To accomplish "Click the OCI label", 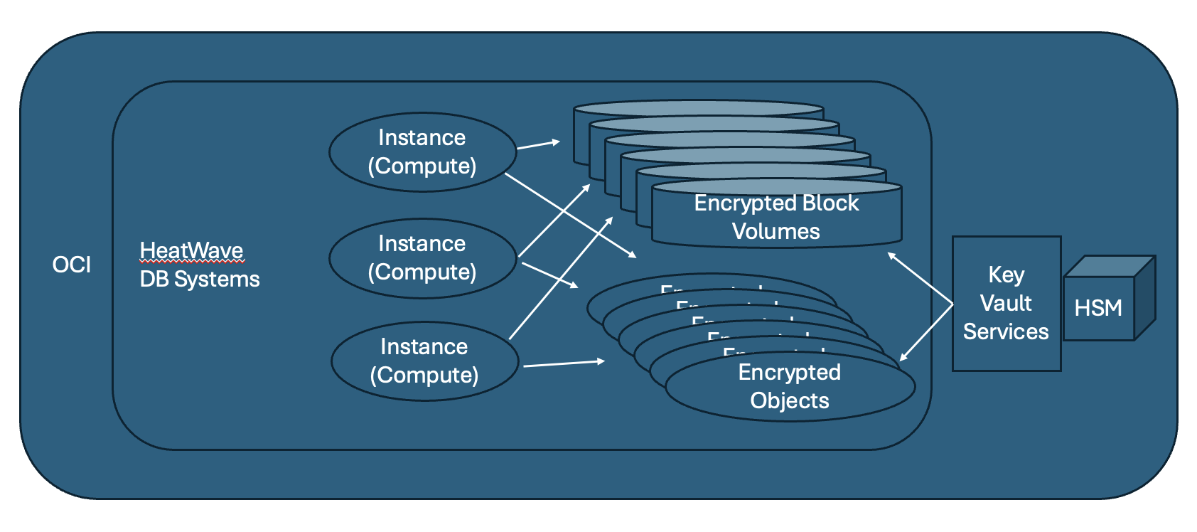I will (x=72, y=265).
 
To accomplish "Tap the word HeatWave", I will (x=191, y=250).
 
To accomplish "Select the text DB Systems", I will (x=200, y=279).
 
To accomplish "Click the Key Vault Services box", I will (x=1006, y=304).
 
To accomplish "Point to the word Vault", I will (x=1006, y=303).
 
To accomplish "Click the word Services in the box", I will (x=1006, y=331).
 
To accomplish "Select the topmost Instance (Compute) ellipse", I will (x=422, y=151).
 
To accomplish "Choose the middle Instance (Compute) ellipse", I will (x=422, y=257).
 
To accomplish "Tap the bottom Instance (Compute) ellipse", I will (x=424, y=361).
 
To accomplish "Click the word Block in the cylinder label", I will (x=830, y=203).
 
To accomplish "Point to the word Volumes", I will (x=775, y=231).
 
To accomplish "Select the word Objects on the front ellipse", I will (x=790, y=400).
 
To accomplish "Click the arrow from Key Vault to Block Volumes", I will (x=920, y=278).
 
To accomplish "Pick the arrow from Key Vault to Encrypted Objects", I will (x=926, y=332).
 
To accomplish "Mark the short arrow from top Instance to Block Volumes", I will (x=538, y=144).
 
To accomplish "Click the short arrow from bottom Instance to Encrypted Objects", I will (x=564, y=363).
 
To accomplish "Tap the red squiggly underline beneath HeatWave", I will (x=192, y=262).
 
